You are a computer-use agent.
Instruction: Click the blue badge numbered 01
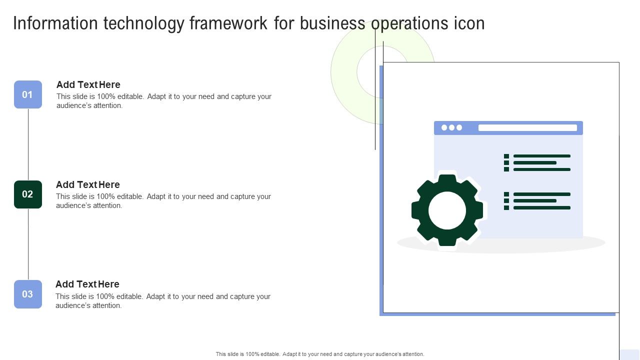coord(28,94)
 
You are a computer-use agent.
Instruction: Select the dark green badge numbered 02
coord(28,194)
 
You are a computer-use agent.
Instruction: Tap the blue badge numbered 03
coord(28,294)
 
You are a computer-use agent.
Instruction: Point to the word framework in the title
coord(228,23)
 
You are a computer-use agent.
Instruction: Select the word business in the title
coord(332,23)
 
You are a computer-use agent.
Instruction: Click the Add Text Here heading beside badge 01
coord(88,84)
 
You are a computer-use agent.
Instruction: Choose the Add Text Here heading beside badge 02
coord(87,184)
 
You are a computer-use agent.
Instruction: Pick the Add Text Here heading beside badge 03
coord(87,284)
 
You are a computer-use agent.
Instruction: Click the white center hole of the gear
coord(447,210)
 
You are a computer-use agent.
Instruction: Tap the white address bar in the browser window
coord(527,127)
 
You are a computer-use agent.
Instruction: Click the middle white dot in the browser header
coord(451,127)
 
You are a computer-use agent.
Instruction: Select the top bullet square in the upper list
coord(506,156)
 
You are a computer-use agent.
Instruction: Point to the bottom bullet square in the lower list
coord(506,207)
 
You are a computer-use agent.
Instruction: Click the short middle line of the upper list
coord(535,163)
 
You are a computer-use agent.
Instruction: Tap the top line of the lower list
coord(542,194)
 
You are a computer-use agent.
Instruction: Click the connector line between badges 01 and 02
coord(28,144)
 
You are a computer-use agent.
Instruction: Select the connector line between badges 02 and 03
coord(28,244)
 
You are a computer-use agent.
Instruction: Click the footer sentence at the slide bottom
coord(320,354)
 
